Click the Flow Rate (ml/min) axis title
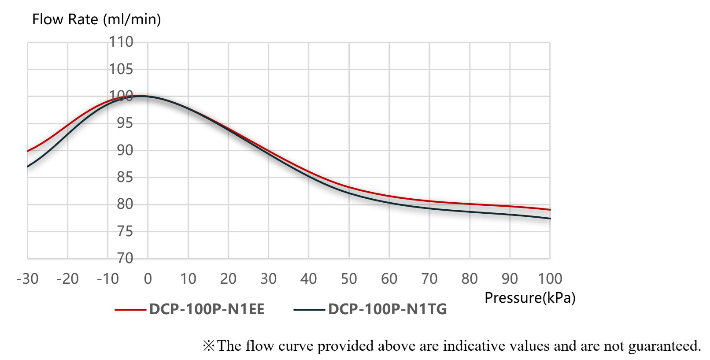point(96,19)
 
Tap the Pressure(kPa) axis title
point(530,298)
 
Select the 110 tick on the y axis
point(121,42)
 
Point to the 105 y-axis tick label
point(121,69)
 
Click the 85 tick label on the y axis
point(125,177)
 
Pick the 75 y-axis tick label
point(125,231)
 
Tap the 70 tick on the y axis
point(125,258)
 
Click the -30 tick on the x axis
point(27,279)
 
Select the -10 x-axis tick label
point(108,279)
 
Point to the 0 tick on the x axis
point(148,279)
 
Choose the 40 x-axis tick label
point(309,279)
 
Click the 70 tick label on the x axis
point(429,279)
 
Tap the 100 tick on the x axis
point(550,279)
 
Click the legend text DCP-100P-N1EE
point(207,309)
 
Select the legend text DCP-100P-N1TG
point(388,309)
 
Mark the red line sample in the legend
point(130,310)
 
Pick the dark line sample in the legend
point(309,310)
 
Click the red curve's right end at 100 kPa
point(550,210)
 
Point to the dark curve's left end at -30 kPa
point(28,166)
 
